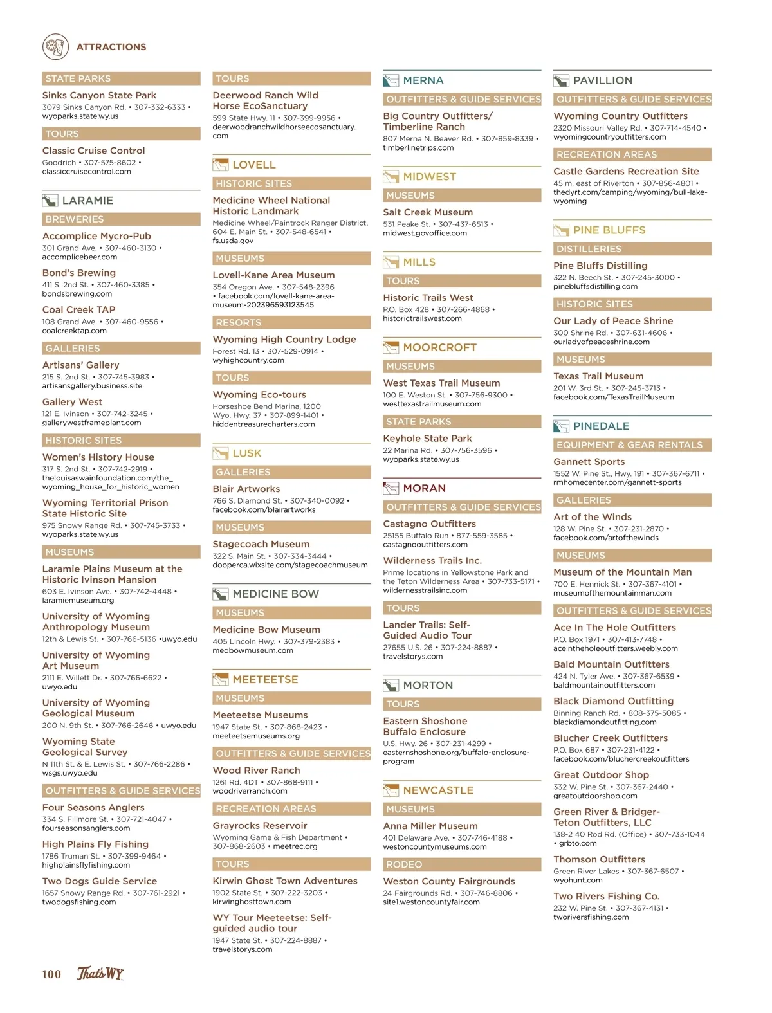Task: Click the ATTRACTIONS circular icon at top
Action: pos(55,47)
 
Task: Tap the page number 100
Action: pos(51,974)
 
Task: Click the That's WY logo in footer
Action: pos(100,974)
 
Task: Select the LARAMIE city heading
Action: pos(87,201)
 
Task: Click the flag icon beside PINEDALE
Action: pos(561,426)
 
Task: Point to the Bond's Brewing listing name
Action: pos(79,273)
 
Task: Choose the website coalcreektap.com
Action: pos(75,331)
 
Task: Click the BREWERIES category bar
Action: pos(121,219)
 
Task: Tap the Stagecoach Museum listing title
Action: pos(261,544)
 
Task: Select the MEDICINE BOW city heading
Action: pos(275,594)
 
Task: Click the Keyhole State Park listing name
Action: pos(427,438)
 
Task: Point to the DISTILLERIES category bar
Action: pos(632,249)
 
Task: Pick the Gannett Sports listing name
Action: pos(589,461)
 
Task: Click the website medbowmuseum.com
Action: pos(253,650)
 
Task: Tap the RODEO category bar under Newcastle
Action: pos(461,864)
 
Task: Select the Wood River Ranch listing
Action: pos(256,770)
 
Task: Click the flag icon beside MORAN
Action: pos(391,488)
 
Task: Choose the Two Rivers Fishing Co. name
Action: pos(606,896)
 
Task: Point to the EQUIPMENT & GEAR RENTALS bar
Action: pos(632,444)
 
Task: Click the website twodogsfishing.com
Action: pos(79,902)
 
